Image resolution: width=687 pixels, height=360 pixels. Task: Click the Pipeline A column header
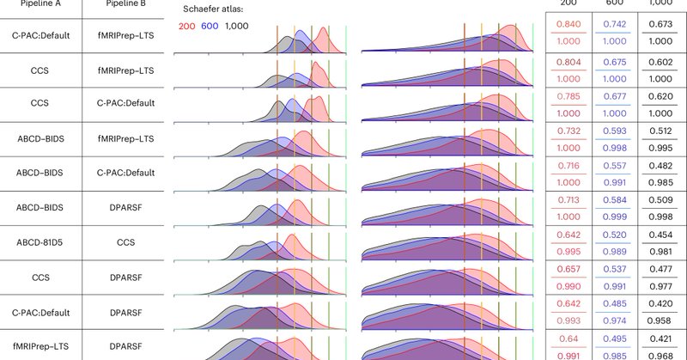click(41, 4)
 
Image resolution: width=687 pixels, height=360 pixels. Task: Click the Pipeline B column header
click(125, 4)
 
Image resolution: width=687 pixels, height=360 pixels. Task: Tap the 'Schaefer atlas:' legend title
click(215, 9)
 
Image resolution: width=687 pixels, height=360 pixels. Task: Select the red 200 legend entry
click(187, 27)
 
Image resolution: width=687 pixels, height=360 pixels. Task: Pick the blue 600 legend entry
click(210, 27)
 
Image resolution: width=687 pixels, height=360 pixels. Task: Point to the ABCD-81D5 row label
click(40, 243)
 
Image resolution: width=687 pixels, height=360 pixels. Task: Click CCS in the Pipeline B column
click(125, 243)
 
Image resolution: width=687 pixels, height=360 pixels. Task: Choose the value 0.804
click(568, 62)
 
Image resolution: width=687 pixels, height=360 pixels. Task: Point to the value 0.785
click(568, 97)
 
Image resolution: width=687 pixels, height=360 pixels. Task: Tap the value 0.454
click(660, 235)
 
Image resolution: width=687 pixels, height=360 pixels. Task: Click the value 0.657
click(568, 269)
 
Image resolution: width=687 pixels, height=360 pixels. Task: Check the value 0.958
click(660, 320)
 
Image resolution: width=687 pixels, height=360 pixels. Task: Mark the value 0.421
click(660, 338)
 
